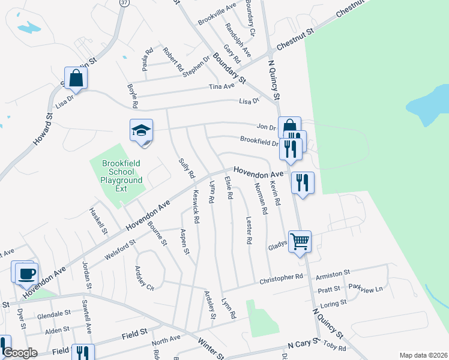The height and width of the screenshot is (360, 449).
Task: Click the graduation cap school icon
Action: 142,131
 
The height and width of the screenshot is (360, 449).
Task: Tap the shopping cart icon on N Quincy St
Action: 300,242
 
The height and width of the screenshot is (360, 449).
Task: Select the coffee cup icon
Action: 26,274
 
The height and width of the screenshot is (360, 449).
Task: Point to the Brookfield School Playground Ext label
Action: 122,175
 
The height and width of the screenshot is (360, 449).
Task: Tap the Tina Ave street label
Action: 221,87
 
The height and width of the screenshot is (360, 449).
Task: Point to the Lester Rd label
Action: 249,230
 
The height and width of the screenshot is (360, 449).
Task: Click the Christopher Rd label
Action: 281,279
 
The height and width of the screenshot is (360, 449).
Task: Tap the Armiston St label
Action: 333,273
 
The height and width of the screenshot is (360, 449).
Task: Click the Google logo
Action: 20,353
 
